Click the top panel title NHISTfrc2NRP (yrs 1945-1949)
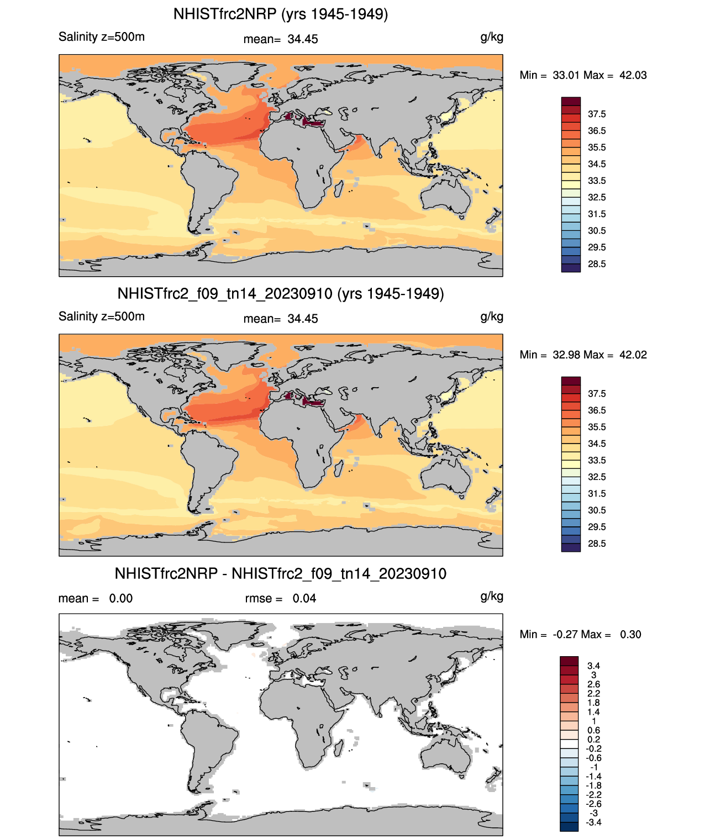point(281,14)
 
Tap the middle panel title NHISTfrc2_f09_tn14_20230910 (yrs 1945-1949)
point(281,293)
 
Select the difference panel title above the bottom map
point(281,573)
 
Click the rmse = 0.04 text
point(281,598)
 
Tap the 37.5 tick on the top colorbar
point(597,114)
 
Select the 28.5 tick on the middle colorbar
point(597,543)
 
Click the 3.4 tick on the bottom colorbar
point(594,666)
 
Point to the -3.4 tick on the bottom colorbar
point(594,822)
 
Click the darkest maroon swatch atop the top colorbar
point(571,102)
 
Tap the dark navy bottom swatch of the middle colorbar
point(571,547)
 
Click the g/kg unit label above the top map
point(492,37)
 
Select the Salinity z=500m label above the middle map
point(102,316)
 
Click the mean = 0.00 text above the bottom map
point(96,598)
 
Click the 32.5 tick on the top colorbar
point(597,197)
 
